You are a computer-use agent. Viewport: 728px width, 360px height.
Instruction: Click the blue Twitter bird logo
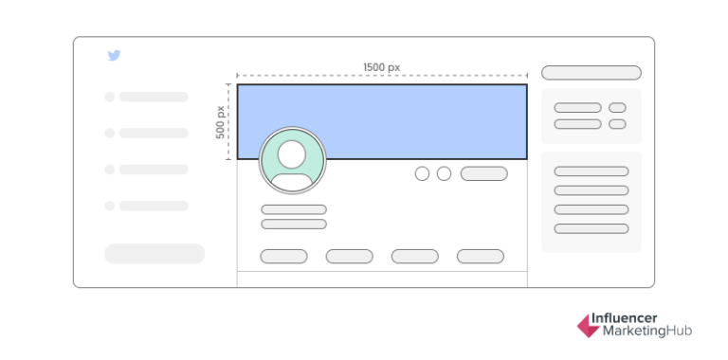(114, 56)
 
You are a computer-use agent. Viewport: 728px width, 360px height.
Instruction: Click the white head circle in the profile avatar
(292, 153)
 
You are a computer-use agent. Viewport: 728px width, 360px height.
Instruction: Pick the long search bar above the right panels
(591, 73)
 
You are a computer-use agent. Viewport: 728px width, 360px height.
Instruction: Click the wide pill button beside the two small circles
(483, 173)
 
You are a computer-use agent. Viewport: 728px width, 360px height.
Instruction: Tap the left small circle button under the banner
(422, 173)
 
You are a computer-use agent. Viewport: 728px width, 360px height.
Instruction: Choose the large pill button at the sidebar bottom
(155, 253)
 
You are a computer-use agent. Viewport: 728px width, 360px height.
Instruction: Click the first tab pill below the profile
(283, 256)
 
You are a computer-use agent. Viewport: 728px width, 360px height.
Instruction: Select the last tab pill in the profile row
(480, 256)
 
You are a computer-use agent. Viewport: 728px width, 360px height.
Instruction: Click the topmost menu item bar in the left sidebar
(154, 97)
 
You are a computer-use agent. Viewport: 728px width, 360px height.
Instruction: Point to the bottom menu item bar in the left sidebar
(154, 206)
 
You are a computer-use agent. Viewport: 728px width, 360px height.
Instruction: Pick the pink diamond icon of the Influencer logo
(588, 326)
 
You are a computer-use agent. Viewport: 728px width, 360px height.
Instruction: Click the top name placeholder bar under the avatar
(294, 209)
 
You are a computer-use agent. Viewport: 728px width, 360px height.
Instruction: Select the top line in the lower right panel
(591, 171)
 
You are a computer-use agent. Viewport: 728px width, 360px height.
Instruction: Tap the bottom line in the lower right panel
(591, 228)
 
